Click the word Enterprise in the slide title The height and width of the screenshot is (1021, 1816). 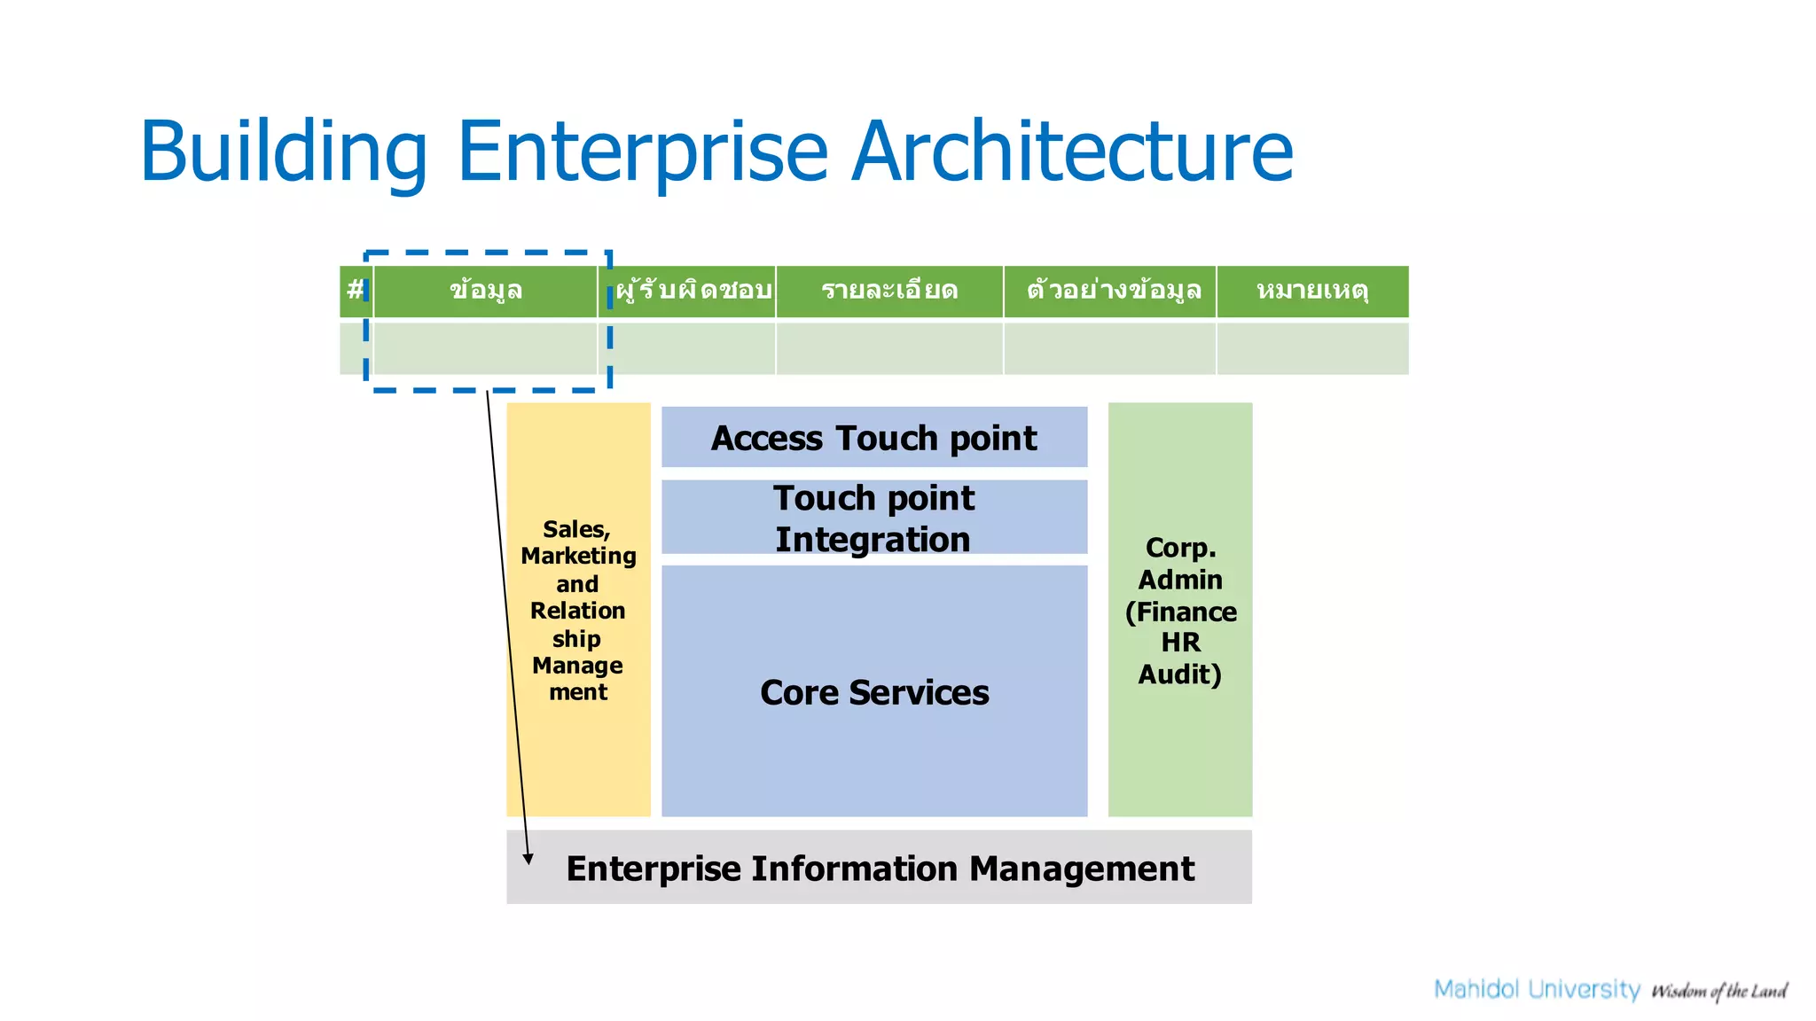click(x=642, y=152)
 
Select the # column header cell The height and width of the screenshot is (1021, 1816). click(x=355, y=291)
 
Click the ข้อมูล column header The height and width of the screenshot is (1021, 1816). click(x=485, y=291)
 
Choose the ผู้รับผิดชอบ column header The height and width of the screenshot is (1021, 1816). click(x=693, y=291)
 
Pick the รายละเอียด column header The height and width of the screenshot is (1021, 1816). click(x=889, y=291)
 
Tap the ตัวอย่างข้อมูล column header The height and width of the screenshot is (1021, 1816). click(x=1113, y=291)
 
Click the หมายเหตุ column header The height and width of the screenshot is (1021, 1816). click(x=1312, y=291)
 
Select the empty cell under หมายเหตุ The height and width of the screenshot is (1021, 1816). click(x=1312, y=348)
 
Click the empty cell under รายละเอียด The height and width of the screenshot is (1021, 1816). click(x=889, y=348)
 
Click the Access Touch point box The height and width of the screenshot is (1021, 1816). click(x=874, y=438)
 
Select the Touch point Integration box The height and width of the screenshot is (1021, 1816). click(x=874, y=518)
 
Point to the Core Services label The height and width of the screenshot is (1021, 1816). click(x=874, y=692)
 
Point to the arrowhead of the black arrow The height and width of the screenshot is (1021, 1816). click(x=528, y=858)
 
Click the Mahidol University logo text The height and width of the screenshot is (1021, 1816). click(x=1537, y=989)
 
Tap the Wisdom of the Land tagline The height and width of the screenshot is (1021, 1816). click(x=1718, y=991)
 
